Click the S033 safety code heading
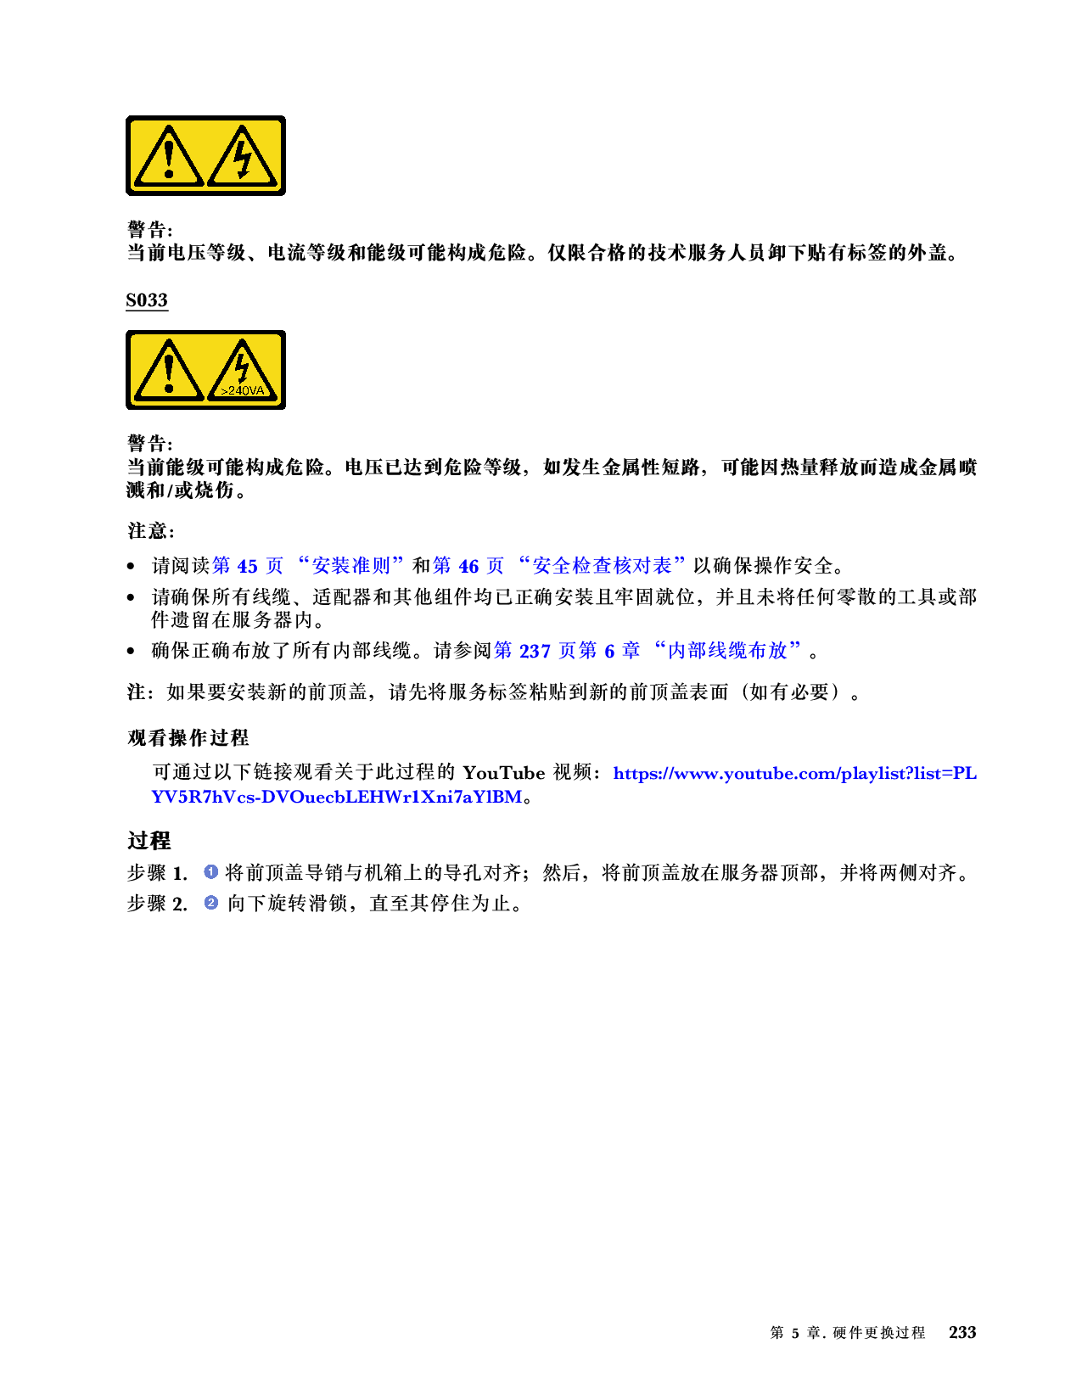[x=147, y=300]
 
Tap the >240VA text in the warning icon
[x=242, y=391]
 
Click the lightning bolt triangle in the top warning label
[x=243, y=156]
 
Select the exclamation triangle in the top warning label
[x=169, y=156]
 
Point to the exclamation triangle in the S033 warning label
[x=169, y=371]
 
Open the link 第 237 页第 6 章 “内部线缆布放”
[x=648, y=651]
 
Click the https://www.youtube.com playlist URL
[x=793, y=773]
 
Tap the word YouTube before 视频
[x=503, y=773]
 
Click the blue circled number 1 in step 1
[x=211, y=871]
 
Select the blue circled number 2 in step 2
[x=211, y=903]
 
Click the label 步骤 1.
[x=157, y=873]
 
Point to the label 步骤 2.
[x=157, y=904]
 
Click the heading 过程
[x=149, y=841]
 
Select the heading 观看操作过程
[x=188, y=738]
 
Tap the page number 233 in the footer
[x=962, y=1333]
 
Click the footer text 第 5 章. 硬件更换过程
[x=847, y=1333]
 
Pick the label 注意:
[x=151, y=531]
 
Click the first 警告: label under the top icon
[x=149, y=230]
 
